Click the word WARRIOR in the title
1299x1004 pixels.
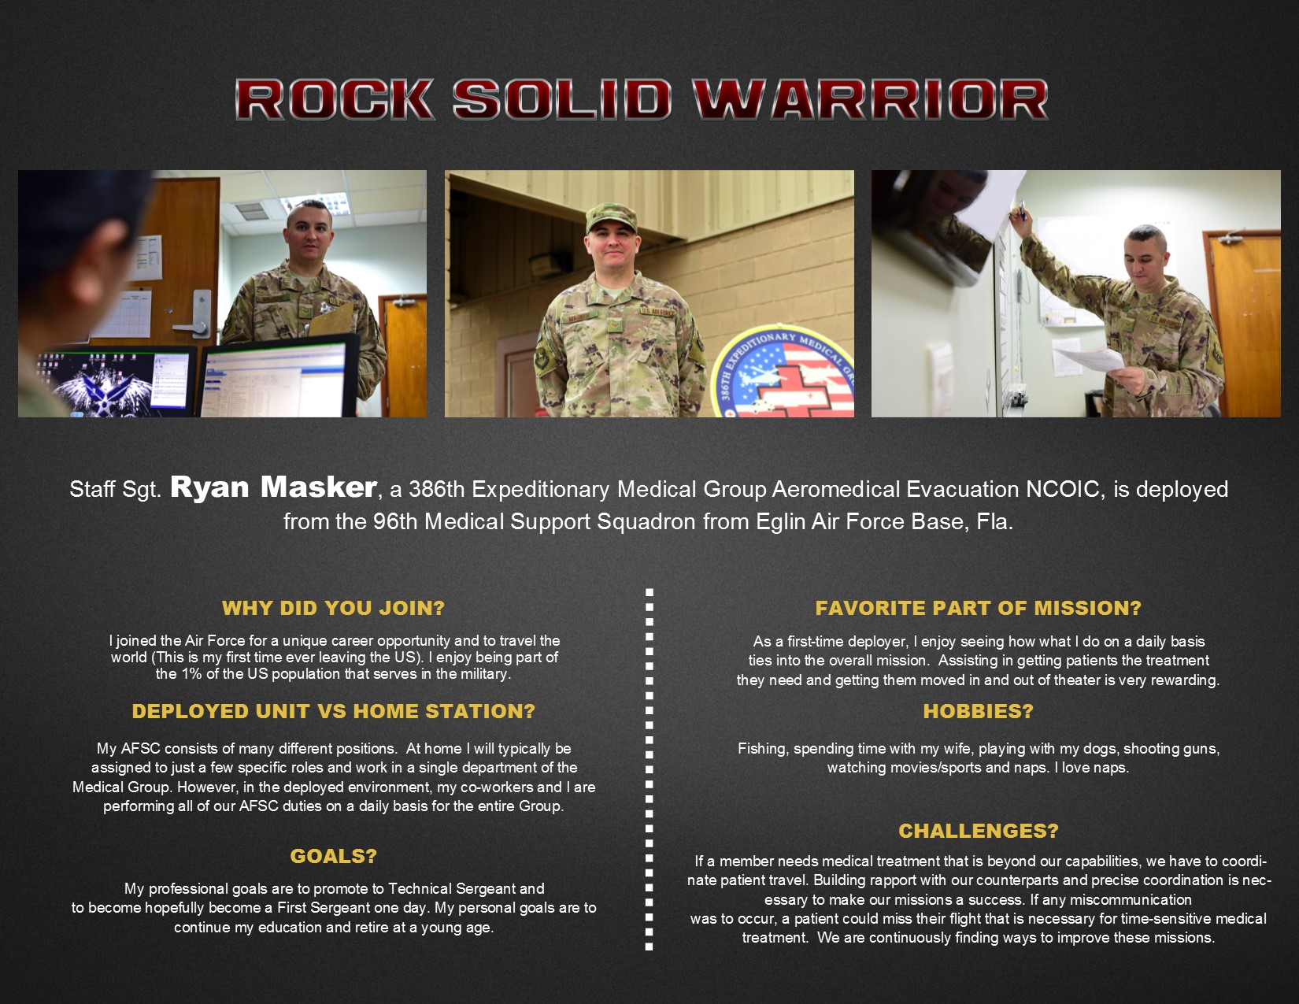pos(870,100)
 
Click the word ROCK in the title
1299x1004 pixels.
pos(335,100)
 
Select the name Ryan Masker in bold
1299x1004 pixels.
pos(273,487)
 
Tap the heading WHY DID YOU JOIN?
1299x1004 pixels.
pos(333,608)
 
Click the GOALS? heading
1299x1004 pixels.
pos(333,856)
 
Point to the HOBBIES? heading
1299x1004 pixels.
pos(978,711)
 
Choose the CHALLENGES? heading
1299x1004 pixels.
pos(978,831)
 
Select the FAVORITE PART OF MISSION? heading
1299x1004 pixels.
pos(978,608)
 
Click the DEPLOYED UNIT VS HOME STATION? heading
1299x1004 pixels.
pos(333,711)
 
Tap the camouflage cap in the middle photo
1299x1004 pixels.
pos(611,217)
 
